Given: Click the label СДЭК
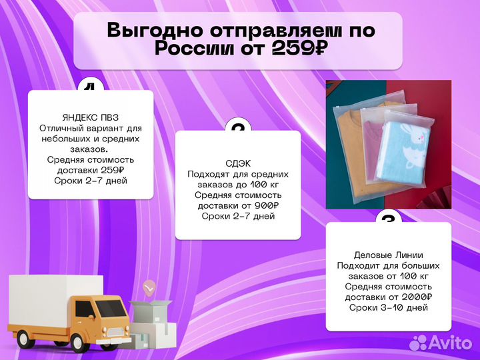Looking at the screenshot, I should (x=238, y=163).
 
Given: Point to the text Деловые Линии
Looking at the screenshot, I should (x=389, y=255).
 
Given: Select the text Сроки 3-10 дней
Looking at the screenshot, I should (x=389, y=307).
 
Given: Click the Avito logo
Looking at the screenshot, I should (x=440, y=342).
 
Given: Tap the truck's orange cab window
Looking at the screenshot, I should (x=87, y=308).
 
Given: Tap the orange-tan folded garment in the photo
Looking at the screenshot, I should (x=349, y=147).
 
